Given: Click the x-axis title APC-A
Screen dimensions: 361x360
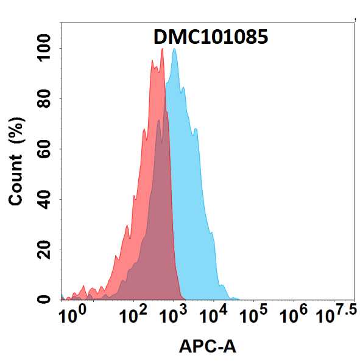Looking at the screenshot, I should coord(207,346).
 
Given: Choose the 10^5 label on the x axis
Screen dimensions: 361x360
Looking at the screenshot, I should coord(256,315).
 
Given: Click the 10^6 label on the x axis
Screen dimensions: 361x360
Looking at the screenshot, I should coord(294,315).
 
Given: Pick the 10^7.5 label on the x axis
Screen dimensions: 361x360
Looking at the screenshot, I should coord(335,315).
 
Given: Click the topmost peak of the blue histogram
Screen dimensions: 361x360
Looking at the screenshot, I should coord(175,49).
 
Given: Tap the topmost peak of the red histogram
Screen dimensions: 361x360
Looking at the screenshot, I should coord(162,49).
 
